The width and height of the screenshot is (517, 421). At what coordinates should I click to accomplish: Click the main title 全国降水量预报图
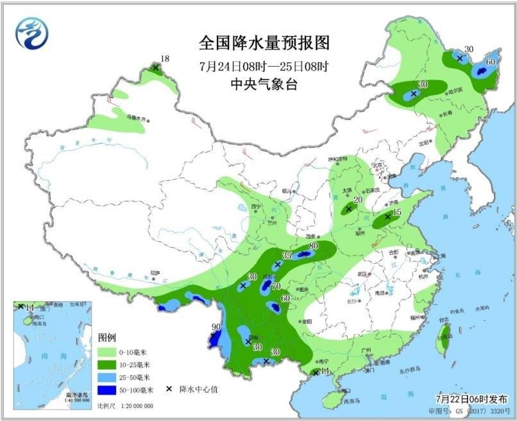click(264, 43)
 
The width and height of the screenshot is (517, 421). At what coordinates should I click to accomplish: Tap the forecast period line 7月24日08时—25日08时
click(264, 66)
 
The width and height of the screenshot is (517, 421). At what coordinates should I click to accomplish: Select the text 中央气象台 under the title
click(264, 84)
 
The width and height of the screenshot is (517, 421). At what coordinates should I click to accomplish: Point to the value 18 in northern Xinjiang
click(165, 60)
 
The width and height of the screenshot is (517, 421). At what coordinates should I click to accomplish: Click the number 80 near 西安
click(314, 246)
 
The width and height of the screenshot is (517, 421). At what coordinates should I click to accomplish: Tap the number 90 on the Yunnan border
click(216, 327)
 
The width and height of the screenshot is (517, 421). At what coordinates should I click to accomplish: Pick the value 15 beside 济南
click(397, 212)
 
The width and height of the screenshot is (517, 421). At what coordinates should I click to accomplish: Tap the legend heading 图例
click(106, 337)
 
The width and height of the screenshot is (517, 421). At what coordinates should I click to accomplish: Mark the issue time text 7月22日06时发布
click(474, 398)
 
